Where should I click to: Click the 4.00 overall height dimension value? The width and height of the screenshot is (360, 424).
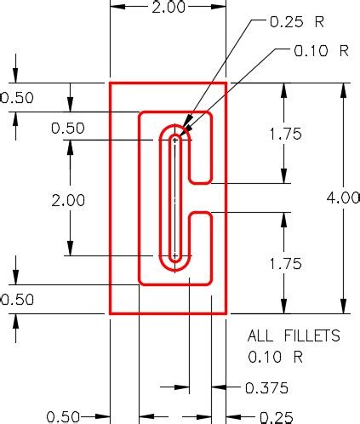point(343,198)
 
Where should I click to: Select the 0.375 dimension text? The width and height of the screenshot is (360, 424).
point(266,388)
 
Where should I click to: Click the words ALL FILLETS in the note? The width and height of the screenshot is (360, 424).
point(293,335)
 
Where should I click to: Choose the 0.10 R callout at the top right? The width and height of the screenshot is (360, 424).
point(321,51)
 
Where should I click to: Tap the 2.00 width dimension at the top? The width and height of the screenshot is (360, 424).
point(169,8)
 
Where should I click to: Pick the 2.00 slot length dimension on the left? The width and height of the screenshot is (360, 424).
point(68,201)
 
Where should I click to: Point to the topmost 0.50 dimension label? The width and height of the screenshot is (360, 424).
point(17,98)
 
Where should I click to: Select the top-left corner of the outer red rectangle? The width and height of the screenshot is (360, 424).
point(110,83)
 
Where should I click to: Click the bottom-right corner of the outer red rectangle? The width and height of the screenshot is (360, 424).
point(226,313)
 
